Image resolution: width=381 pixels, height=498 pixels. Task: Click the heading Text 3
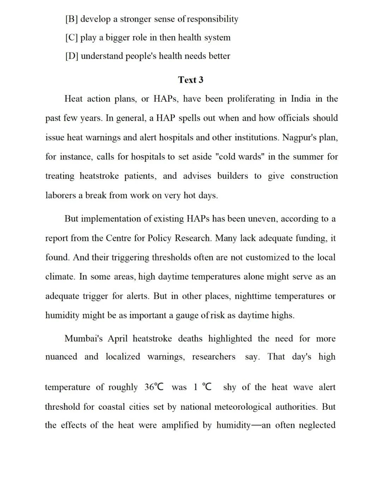190,80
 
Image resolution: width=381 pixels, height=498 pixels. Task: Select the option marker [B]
72,19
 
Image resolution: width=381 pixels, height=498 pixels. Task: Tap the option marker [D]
72,56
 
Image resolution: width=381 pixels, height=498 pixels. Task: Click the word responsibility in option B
212,19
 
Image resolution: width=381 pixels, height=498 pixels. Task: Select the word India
301,99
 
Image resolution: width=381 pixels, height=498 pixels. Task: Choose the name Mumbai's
84,339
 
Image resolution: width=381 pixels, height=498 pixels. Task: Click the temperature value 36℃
154,387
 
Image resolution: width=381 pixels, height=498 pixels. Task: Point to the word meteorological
226,407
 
